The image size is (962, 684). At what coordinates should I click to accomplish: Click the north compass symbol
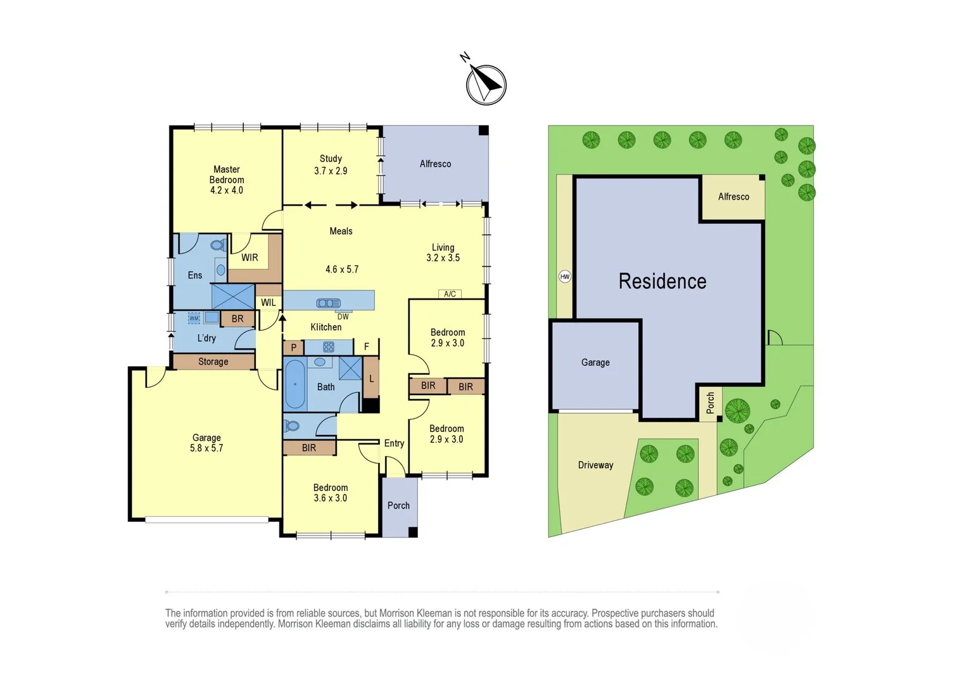pyautogui.click(x=486, y=84)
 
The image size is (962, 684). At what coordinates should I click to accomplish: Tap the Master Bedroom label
pyautogui.click(x=227, y=180)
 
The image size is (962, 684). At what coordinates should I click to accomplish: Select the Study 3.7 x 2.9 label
pyautogui.click(x=331, y=165)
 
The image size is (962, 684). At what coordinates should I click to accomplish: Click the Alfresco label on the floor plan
pyautogui.click(x=435, y=164)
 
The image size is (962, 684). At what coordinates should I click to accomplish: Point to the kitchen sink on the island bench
pyautogui.click(x=328, y=303)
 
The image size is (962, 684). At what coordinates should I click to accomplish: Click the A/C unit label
pyautogui.click(x=450, y=294)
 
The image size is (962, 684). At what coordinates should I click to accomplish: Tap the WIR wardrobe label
pyautogui.click(x=250, y=258)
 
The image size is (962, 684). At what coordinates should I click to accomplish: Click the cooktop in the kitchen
pyautogui.click(x=328, y=347)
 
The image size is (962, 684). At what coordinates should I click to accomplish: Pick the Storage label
pyautogui.click(x=213, y=362)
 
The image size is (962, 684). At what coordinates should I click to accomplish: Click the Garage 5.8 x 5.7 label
pyautogui.click(x=206, y=443)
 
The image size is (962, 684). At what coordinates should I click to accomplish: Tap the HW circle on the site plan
pyautogui.click(x=564, y=276)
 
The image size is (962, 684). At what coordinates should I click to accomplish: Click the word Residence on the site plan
pyautogui.click(x=662, y=281)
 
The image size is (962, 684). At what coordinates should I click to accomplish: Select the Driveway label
pyautogui.click(x=595, y=465)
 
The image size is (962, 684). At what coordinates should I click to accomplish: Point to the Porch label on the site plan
pyautogui.click(x=710, y=403)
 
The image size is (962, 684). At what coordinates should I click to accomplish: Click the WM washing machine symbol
pyautogui.click(x=194, y=318)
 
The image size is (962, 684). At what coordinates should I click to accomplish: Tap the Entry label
pyautogui.click(x=394, y=443)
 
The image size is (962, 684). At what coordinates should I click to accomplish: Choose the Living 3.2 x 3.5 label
pyautogui.click(x=443, y=253)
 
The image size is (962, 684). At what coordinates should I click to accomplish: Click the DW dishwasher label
pyautogui.click(x=343, y=317)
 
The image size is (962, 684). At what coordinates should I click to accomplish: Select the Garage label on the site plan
pyautogui.click(x=595, y=362)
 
